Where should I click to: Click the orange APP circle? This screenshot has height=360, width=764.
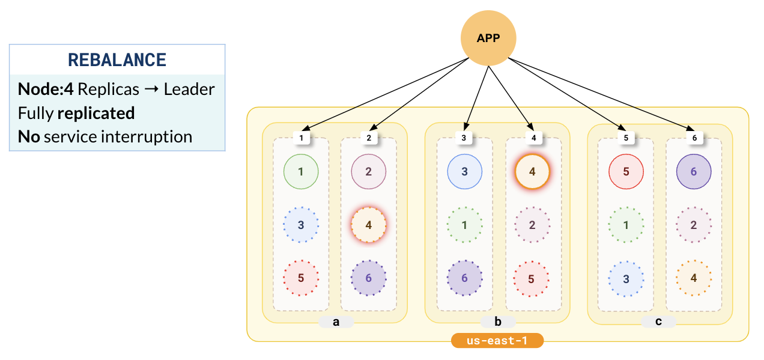488,38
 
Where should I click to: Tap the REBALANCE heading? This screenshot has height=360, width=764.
117,60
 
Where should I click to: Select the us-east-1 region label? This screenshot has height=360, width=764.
497,341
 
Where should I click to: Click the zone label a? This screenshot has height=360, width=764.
336,322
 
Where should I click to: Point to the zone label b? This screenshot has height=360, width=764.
498,322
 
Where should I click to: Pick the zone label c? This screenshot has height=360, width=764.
658,322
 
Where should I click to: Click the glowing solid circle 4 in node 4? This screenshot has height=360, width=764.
532,171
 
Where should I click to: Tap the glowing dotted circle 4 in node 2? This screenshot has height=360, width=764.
369,225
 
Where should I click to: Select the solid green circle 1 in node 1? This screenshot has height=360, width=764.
301,171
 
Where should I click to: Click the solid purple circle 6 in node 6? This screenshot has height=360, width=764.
694,171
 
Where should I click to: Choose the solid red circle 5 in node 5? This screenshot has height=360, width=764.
626,171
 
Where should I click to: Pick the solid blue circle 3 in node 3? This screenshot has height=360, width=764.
464,171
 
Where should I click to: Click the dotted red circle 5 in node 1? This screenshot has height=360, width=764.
301,278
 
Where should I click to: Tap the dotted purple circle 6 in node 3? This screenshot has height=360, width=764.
464,278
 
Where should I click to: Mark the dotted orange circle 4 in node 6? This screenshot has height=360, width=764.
694,278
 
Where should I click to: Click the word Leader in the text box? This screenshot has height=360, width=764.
189,90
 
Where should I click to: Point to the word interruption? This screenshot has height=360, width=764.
147,136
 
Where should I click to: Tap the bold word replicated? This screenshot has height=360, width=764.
95,113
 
